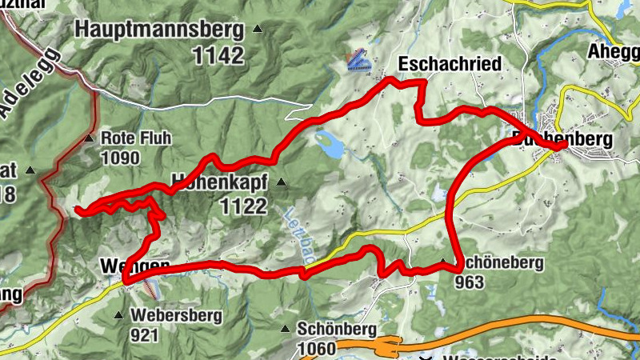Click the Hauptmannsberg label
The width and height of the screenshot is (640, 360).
click(x=159, y=30)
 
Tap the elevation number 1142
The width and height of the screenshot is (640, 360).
click(x=217, y=55)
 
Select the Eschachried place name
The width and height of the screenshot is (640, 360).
click(x=450, y=63)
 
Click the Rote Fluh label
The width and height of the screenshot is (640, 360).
click(x=136, y=138)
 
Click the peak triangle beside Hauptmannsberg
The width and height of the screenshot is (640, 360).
click(x=257, y=30)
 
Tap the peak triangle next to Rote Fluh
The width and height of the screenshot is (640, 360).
click(x=89, y=138)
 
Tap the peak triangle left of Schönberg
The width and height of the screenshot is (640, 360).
click(x=285, y=329)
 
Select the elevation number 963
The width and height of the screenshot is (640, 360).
click(x=470, y=282)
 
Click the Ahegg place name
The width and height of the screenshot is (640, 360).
click(x=614, y=50)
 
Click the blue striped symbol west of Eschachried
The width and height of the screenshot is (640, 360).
click(x=358, y=59)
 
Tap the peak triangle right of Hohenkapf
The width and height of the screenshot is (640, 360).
click(x=281, y=182)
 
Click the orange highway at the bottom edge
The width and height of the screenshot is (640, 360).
click(x=352, y=346)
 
